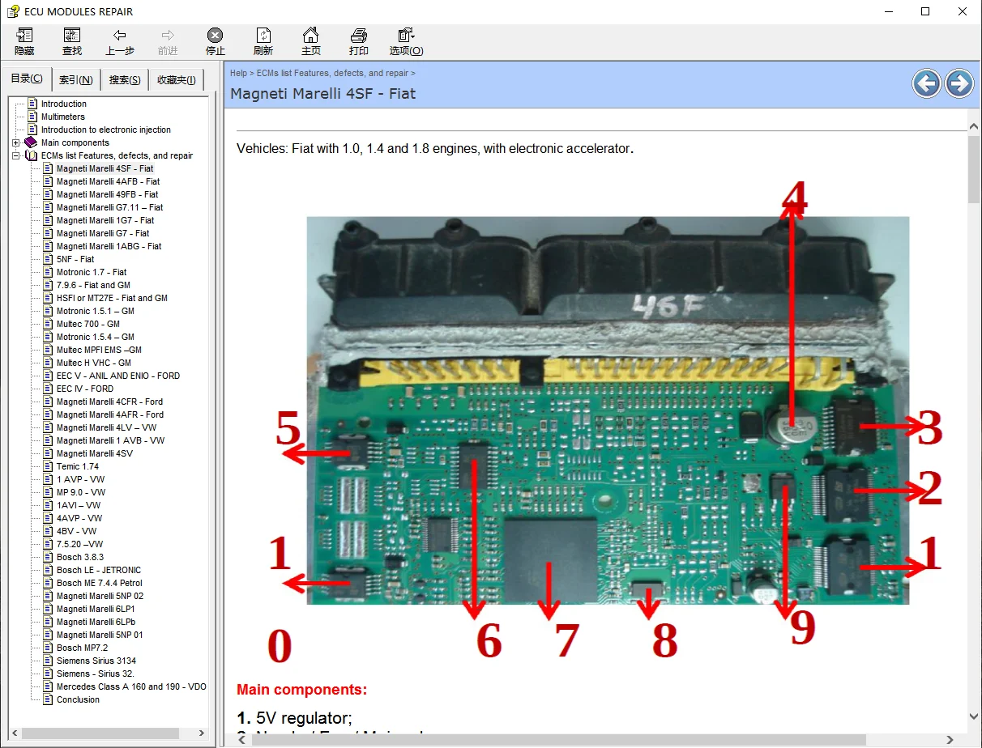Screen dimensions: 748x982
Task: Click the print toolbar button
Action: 358,40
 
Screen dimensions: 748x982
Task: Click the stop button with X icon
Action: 215,40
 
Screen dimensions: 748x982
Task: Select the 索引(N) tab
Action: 75,79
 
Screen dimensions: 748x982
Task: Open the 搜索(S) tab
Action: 124,79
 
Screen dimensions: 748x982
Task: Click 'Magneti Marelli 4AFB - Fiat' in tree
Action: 108,181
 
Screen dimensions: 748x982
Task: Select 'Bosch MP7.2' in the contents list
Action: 81,648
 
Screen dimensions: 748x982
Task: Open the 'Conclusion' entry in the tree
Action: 78,699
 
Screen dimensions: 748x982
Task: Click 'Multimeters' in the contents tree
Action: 62,117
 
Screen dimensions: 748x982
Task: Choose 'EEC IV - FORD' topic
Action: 84,389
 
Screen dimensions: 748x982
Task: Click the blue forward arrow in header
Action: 959,83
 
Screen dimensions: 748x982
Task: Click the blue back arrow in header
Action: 926,83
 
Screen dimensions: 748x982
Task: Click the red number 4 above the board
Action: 794,198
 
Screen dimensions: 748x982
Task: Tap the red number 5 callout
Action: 288,430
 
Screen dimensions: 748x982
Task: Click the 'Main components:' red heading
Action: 301,690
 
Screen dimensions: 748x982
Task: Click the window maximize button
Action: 925,11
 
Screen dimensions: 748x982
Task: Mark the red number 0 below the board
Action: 279,647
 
